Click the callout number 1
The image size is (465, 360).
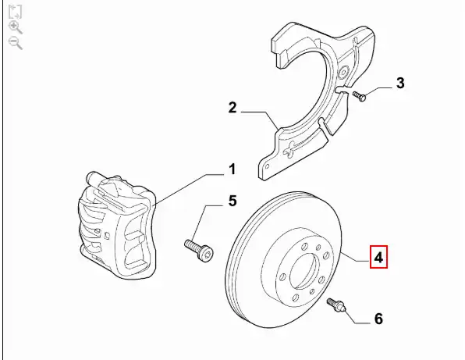click(232, 169)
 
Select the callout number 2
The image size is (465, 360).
click(232, 108)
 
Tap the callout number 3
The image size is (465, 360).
click(400, 83)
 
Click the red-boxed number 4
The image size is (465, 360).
click(378, 257)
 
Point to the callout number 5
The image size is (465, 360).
click(232, 201)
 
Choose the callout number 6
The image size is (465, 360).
click(378, 319)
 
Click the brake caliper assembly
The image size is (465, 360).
click(116, 226)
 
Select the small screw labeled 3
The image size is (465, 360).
click(359, 97)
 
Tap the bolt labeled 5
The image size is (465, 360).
click(198, 250)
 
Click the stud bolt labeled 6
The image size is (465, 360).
click(335, 305)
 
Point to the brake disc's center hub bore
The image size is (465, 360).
click(305, 271)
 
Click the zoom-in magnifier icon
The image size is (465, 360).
click(16, 27)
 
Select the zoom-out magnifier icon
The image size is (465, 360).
click(16, 43)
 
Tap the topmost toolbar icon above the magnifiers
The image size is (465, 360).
click(15, 12)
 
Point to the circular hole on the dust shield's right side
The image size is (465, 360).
click(343, 73)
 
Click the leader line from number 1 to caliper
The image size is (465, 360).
click(190, 189)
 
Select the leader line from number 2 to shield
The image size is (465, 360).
click(260, 120)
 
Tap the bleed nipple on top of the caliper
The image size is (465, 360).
click(93, 178)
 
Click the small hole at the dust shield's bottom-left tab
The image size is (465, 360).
click(267, 167)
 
